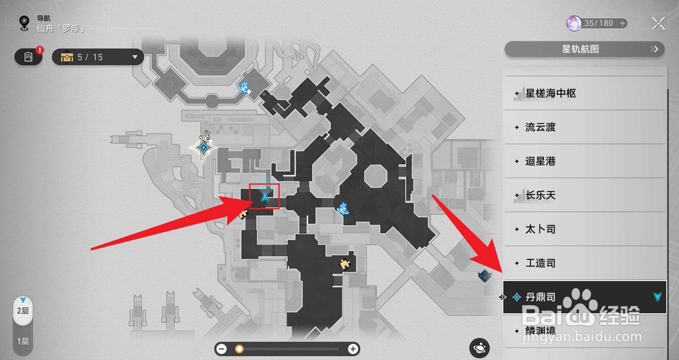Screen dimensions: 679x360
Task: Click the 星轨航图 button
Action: (x=584, y=49)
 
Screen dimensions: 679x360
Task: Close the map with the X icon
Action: (x=658, y=23)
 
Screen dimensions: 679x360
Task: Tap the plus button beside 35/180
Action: (x=622, y=23)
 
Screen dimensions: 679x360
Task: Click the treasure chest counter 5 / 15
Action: (x=98, y=57)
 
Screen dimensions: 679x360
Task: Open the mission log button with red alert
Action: (x=28, y=57)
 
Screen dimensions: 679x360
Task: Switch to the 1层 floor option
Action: (x=23, y=341)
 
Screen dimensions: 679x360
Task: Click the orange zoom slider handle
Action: (x=239, y=349)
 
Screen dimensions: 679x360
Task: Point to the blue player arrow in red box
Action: (x=265, y=197)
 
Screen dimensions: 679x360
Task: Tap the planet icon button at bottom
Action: (x=480, y=349)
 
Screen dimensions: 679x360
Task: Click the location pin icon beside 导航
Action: (x=25, y=23)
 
